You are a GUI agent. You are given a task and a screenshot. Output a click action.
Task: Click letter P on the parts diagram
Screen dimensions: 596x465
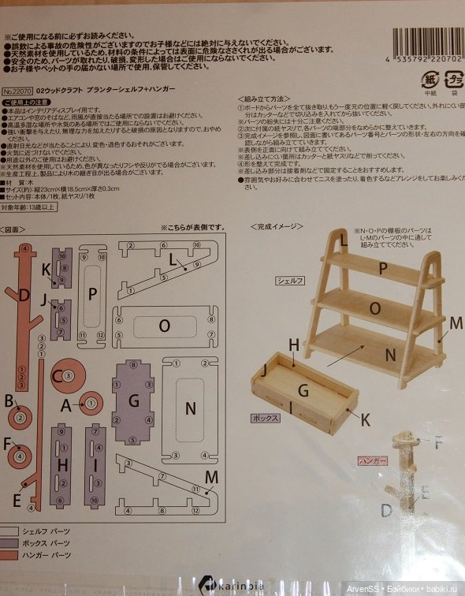(x=92, y=294)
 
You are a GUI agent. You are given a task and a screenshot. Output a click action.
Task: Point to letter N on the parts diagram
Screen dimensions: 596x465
(x=189, y=408)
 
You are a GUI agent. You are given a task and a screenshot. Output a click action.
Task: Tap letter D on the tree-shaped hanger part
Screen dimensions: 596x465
(x=25, y=296)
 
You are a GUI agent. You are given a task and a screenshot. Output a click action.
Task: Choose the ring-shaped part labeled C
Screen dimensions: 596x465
(x=65, y=376)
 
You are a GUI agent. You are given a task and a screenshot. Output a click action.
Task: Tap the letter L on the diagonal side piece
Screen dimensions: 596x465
(x=171, y=259)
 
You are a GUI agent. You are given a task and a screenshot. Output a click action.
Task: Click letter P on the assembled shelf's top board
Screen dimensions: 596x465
(x=383, y=267)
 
